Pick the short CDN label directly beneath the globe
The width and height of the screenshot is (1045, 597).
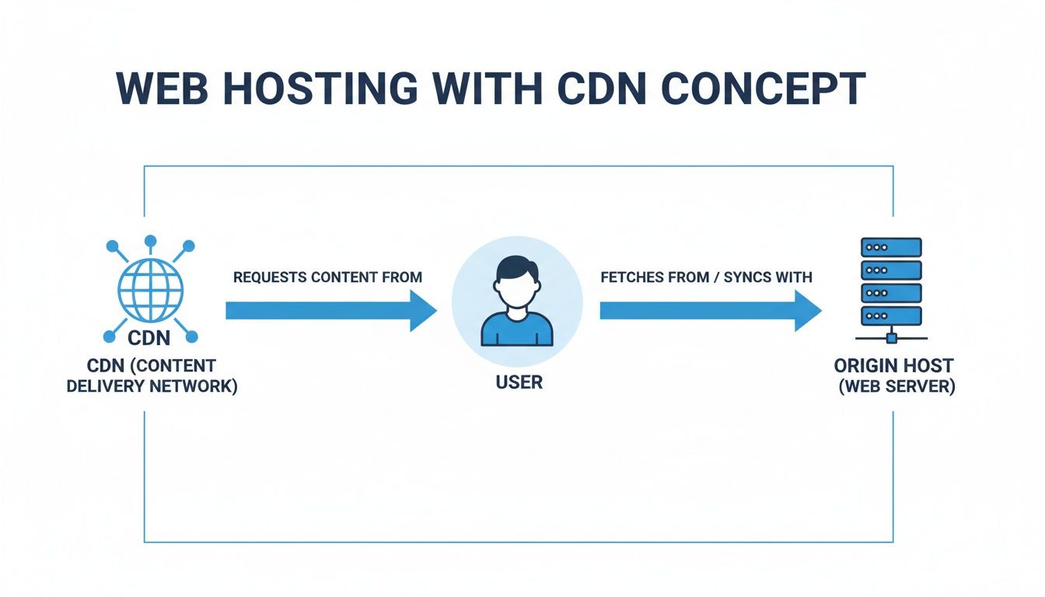pyautogui.click(x=150, y=339)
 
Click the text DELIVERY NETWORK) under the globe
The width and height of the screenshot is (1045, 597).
pyautogui.click(x=152, y=385)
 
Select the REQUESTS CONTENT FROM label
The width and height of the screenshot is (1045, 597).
pyautogui.click(x=327, y=277)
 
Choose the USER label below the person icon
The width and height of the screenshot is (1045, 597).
pyautogui.click(x=519, y=382)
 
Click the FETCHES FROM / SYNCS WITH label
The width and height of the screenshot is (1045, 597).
pyautogui.click(x=706, y=277)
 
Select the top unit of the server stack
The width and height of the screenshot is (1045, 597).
pyautogui.click(x=891, y=247)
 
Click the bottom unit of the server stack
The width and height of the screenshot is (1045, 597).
pyautogui.click(x=891, y=316)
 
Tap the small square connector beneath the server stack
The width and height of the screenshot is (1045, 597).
pyautogui.click(x=892, y=338)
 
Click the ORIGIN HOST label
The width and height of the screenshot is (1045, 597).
pyautogui.click(x=893, y=365)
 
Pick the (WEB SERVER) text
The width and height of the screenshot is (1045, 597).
pyautogui.click(x=896, y=386)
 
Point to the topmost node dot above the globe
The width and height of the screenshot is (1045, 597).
pyautogui.click(x=150, y=241)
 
